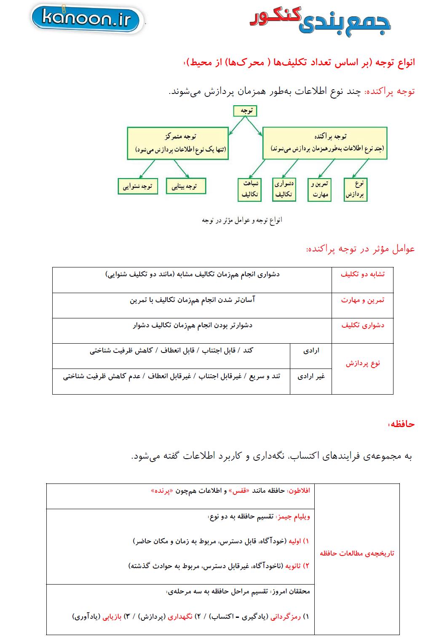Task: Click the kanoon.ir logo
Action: [x=87, y=19]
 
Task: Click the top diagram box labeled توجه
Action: [x=245, y=111]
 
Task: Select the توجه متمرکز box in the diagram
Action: [x=178, y=143]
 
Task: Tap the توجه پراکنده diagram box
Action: [x=324, y=143]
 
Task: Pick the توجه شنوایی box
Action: [x=138, y=186]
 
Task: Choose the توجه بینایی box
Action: [x=186, y=186]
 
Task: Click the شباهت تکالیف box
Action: [x=249, y=189]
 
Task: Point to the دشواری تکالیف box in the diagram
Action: [x=284, y=189]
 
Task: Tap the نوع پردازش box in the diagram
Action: [x=356, y=189]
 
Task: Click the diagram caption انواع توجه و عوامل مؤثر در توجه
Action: [x=242, y=220]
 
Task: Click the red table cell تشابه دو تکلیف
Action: [x=362, y=274]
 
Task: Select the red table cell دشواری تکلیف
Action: [x=362, y=325]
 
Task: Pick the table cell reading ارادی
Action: [x=311, y=350]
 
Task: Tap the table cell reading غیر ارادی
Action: [x=311, y=377]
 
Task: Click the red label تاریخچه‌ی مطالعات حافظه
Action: [x=357, y=553]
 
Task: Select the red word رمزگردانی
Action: [x=285, y=617]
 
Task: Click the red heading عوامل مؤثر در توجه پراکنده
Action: [x=360, y=249]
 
